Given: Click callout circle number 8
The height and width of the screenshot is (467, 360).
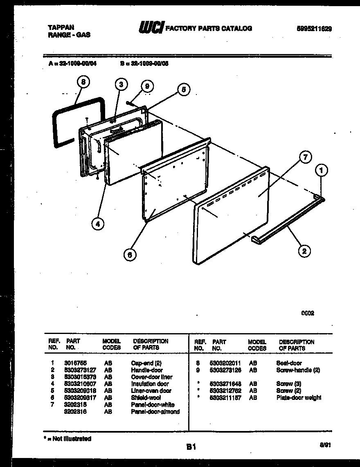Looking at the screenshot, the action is coord(83,83).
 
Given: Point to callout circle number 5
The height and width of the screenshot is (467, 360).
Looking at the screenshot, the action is coord(184,90).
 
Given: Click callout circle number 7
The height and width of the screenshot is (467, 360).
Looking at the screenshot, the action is coord(305,157).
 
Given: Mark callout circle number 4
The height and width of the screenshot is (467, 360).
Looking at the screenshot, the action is coord(97,223).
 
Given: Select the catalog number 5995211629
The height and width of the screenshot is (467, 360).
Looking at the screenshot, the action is coord(314,29).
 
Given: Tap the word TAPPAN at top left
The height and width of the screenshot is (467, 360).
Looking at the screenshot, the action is coord(61,27).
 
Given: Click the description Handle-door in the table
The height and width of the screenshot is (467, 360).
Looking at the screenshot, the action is coord(147,370).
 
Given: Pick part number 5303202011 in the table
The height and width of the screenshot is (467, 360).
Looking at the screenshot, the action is coord(225,363).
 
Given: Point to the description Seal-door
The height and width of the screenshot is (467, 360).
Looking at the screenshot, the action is coord(289,363).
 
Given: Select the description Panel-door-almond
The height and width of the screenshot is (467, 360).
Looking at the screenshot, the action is coord(155,411).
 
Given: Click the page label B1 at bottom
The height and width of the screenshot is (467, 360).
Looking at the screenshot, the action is coord(191,448).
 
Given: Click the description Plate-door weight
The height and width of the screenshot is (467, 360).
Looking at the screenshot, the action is coord(299,397).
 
